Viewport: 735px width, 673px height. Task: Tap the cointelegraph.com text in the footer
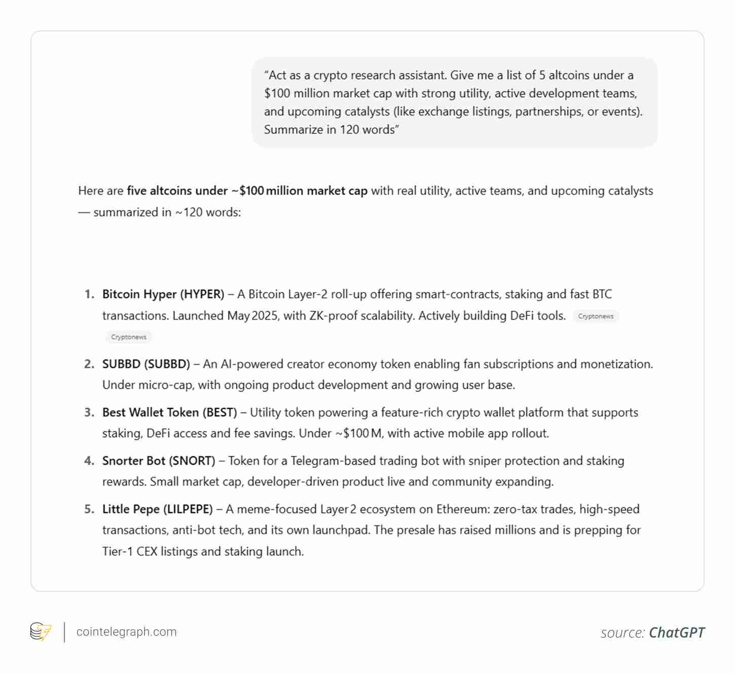tap(126, 632)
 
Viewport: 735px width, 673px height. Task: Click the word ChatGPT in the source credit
tap(676, 632)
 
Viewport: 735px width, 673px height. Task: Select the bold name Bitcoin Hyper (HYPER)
tap(163, 294)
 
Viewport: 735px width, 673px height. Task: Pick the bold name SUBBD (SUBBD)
tap(146, 364)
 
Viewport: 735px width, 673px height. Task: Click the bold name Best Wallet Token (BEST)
tap(169, 412)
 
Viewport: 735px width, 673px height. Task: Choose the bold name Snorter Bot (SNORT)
tap(159, 461)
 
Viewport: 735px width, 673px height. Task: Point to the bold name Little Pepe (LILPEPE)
tap(157, 509)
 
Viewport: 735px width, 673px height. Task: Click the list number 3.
tap(89, 412)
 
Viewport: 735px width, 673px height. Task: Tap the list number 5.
tap(89, 509)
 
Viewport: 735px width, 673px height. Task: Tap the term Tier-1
tap(118, 551)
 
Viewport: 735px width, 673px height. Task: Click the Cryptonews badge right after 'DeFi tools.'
tap(596, 316)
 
